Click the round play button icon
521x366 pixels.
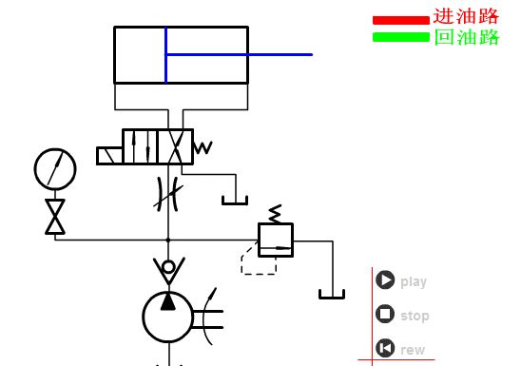pyautogui.click(x=385, y=280)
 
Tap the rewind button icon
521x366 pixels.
pyautogui.click(x=385, y=348)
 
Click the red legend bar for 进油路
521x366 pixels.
pyautogui.click(x=401, y=20)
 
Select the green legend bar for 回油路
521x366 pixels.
pyautogui.click(x=401, y=37)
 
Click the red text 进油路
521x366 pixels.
pyautogui.click(x=466, y=16)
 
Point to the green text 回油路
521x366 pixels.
pyautogui.click(x=467, y=37)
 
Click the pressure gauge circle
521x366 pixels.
pyautogui.click(x=55, y=169)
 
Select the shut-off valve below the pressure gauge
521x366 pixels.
pyautogui.click(x=55, y=217)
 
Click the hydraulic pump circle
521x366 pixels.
pyautogui.click(x=168, y=317)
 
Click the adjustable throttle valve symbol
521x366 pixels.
pyautogui.click(x=168, y=195)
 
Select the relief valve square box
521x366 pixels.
pyautogui.click(x=276, y=241)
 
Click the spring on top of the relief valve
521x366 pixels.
pyautogui.click(x=276, y=214)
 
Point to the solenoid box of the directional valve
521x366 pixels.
pyautogui.click(x=109, y=156)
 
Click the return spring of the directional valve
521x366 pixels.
pyautogui.click(x=203, y=147)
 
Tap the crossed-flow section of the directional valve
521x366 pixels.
pyautogui.click(x=175, y=146)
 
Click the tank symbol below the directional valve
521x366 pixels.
pyautogui.click(x=235, y=201)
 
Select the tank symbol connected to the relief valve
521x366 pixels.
pyautogui.click(x=332, y=295)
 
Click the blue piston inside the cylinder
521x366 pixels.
pyautogui.click(x=165, y=55)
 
